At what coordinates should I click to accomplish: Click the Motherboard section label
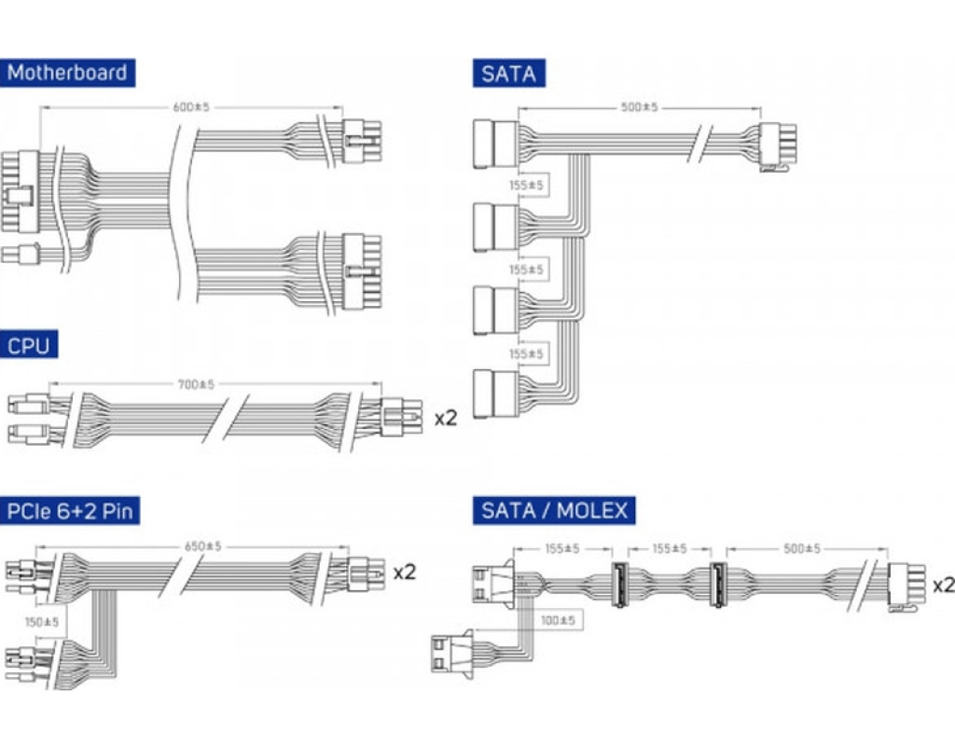pos(67,73)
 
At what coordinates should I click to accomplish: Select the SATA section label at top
pos(509,73)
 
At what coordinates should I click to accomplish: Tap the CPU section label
pos(30,346)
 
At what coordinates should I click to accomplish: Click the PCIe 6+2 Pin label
pos(72,511)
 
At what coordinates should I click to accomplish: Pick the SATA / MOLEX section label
pos(555,511)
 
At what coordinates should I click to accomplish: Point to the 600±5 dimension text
pos(192,107)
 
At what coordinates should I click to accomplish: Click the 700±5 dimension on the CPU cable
pos(196,383)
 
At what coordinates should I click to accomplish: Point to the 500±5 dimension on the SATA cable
pos(639,107)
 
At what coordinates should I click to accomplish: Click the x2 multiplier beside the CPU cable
pos(446,417)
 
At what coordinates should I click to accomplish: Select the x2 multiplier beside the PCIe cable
pos(404,571)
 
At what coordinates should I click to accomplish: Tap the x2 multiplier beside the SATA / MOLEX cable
pos(943,585)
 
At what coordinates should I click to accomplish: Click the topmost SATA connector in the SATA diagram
pos(496,144)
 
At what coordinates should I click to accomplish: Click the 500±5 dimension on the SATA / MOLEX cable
pos(801,549)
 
